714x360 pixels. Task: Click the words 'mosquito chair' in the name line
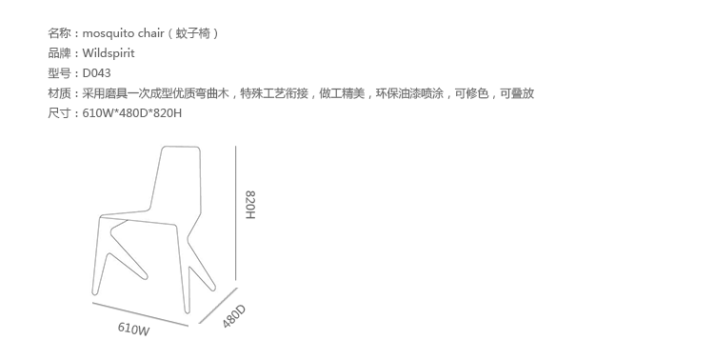(123, 33)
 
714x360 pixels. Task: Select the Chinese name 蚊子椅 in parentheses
(193, 33)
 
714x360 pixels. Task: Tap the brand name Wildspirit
(109, 53)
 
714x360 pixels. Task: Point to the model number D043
(96, 73)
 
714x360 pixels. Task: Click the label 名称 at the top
(59, 33)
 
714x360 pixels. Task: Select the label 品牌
(59, 53)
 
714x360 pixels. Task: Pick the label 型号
(59, 73)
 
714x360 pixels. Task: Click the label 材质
(59, 93)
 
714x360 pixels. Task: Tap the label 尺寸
(59, 113)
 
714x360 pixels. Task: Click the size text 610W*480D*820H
(132, 113)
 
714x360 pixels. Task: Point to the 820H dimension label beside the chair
(250, 205)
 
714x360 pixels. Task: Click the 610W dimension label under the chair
(133, 329)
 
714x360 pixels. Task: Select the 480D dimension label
(234, 316)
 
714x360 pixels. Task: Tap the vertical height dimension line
(235, 212)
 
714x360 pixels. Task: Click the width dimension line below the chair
(140, 314)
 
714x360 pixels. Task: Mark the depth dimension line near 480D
(218, 306)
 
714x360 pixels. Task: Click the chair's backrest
(177, 179)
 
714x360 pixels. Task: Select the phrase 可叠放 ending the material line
(517, 93)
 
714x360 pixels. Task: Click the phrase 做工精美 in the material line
(342, 93)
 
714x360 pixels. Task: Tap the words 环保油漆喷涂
(409, 93)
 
